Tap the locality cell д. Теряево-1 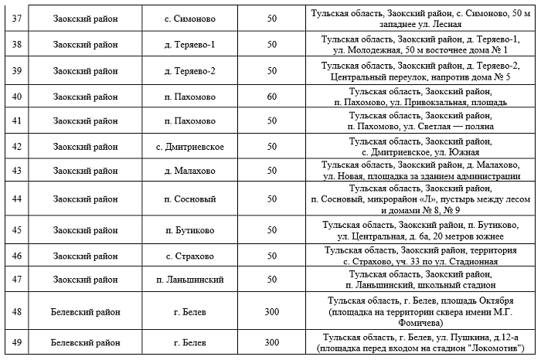pos(190,45)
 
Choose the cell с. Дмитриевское pos(190,147)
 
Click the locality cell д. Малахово pos(190,171)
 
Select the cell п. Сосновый pos(190,199)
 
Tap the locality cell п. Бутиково pos(190,229)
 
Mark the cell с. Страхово pos(190,255)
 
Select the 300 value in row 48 pos(271,311)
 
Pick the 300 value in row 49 pos(271,341)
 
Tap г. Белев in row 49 pos(190,341)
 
